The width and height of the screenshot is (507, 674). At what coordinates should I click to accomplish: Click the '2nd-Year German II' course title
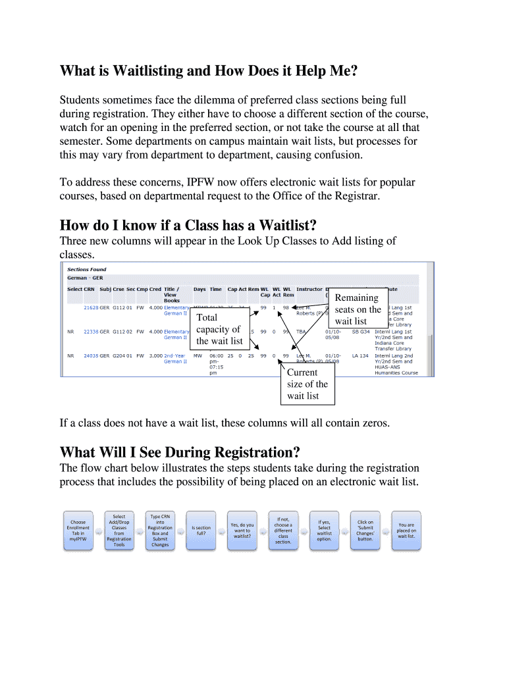[x=176, y=359]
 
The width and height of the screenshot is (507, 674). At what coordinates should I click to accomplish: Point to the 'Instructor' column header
[x=309, y=289]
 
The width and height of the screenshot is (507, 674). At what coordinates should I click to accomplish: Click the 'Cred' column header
[x=155, y=289]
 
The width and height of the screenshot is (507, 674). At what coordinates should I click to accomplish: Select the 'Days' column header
[x=200, y=289]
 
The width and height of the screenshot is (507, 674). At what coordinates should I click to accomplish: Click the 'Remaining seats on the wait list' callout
[x=358, y=309]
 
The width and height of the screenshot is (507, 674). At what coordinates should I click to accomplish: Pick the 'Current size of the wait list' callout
[x=307, y=384]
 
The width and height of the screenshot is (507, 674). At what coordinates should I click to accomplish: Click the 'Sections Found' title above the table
[x=87, y=269]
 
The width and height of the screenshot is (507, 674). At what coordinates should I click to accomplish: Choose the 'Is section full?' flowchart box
[x=201, y=531]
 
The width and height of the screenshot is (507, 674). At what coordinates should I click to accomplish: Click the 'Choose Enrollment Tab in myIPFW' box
[x=78, y=531]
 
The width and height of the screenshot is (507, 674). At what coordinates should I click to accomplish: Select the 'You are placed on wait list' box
[x=406, y=531]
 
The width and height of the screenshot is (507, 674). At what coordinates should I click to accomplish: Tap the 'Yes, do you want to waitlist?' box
[x=242, y=531]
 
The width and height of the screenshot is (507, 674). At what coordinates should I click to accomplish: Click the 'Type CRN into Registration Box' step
[x=160, y=531]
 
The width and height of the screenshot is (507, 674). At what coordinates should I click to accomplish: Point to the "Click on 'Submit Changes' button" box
[x=365, y=531]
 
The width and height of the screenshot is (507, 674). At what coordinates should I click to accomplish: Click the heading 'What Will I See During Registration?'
[x=180, y=453]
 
